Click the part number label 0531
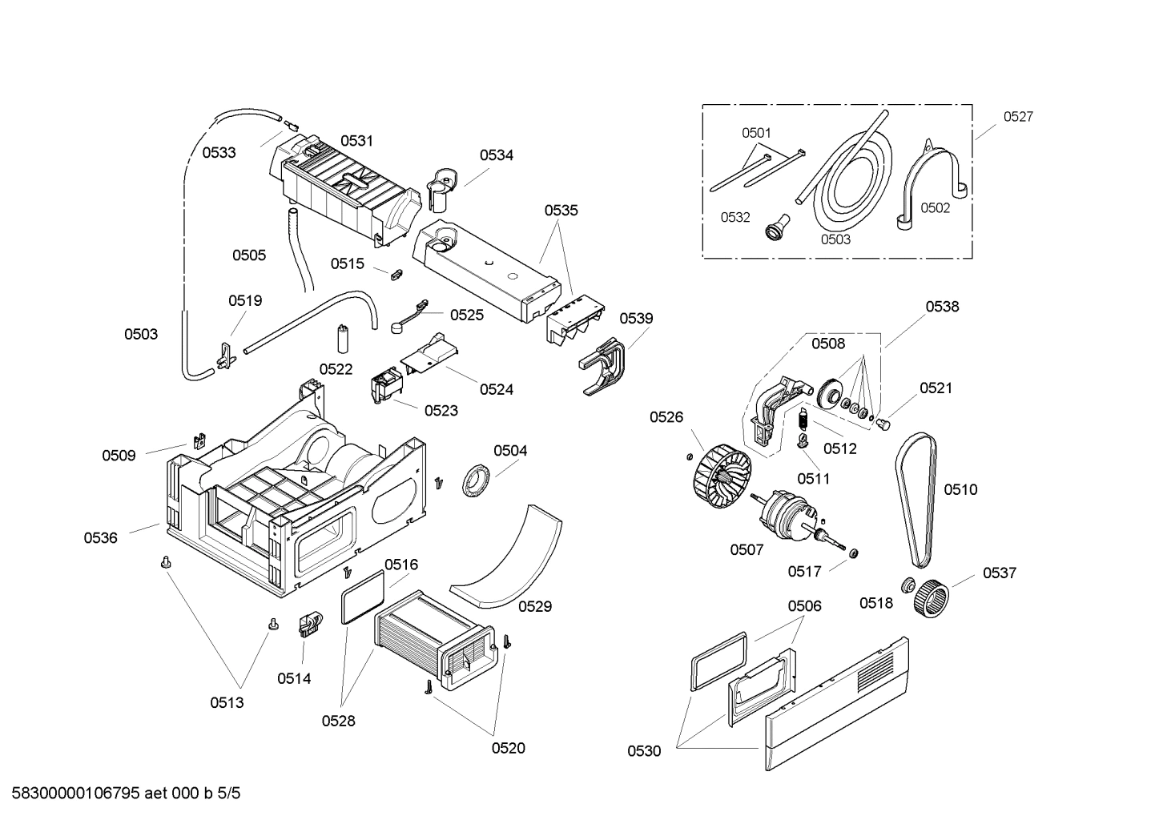(x=356, y=141)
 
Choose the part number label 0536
(x=101, y=538)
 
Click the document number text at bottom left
(x=121, y=794)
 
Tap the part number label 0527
(x=1018, y=117)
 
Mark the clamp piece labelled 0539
(x=605, y=365)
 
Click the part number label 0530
(x=644, y=751)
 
